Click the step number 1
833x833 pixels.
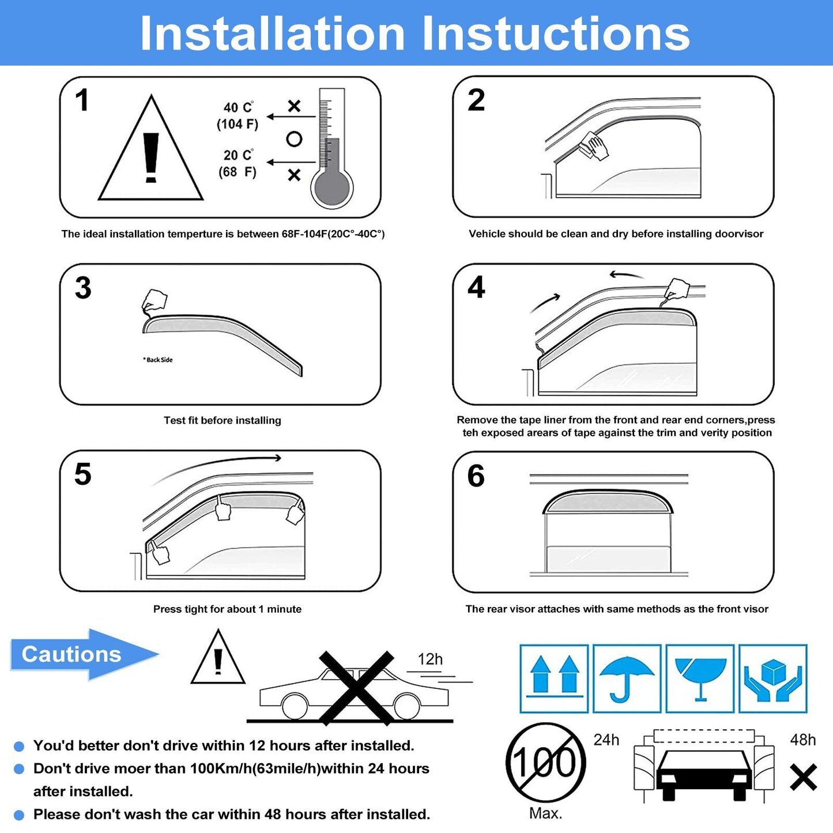[x=82, y=100]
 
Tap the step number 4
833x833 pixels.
[x=476, y=288]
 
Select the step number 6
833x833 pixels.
[x=476, y=476]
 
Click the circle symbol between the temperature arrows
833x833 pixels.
[x=294, y=139]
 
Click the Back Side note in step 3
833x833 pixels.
[x=158, y=360]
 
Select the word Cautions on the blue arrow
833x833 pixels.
[x=71, y=654]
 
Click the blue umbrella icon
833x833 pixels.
[x=627, y=679]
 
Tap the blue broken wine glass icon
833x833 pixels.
[x=700, y=679]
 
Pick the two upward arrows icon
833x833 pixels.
[x=554, y=679]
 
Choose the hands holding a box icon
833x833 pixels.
[x=773, y=679]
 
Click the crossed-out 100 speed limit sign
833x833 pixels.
[x=545, y=762]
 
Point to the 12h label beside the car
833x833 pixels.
[x=429, y=659]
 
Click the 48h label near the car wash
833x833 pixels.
[x=803, y=740]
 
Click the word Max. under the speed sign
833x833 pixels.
[x=545, y=813]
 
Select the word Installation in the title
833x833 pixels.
[x=272, y=33]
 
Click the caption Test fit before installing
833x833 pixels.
[x=222, y=420]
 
